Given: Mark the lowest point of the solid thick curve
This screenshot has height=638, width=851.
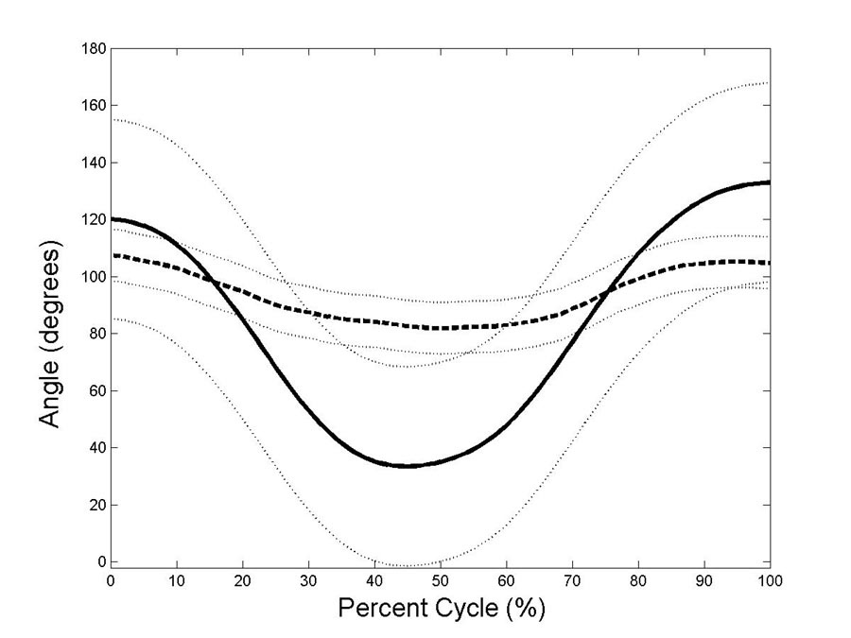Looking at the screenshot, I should pyautogui.click(x=408, y=466).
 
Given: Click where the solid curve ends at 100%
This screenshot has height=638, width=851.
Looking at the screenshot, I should pyautogui.click(x=770, y=182).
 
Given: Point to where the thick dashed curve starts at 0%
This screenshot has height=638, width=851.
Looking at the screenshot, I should pyautogui.click(x=112, y=255).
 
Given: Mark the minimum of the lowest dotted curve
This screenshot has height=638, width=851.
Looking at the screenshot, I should pyautogui.click(x=408, y=565).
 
